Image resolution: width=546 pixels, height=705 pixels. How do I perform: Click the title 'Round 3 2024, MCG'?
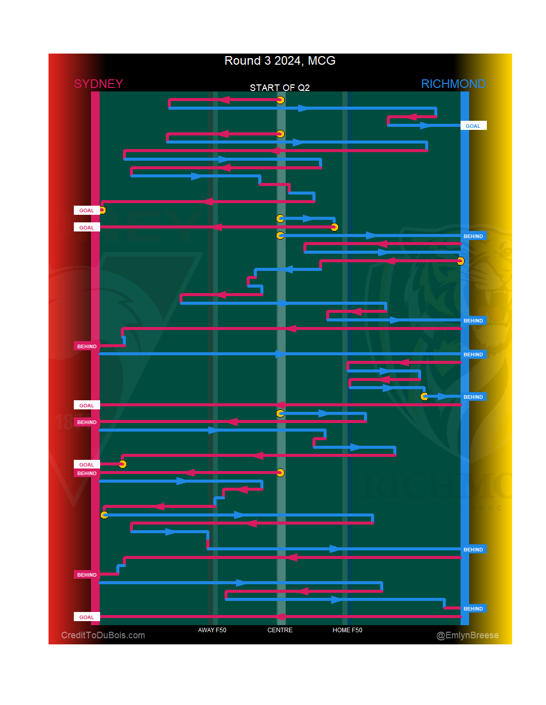[x=280, y=61]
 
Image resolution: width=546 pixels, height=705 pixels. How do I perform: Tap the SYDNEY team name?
[x=98, y=84]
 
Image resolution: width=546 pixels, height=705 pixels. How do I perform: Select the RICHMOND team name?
[x=453, y=84]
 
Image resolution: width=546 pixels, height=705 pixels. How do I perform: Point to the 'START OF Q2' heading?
[x=280, y=87]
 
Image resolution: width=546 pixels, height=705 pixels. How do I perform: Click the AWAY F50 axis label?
[x=212, y=630]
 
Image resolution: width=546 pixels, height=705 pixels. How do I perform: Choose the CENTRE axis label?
[x=280, y=630]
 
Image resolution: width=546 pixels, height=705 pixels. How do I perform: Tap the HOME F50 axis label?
[x=347, y=630]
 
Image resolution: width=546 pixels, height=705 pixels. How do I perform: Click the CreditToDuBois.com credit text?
[x=103, y=635]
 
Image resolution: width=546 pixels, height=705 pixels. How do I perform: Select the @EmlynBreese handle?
[x=467, y=635]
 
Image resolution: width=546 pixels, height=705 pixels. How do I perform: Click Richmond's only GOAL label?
[x=473, y=126]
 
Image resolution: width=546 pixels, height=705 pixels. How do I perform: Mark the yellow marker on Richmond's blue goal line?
[x=460, y=261]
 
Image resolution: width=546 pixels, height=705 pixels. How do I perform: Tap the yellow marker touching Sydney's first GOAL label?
[x=102, y=210]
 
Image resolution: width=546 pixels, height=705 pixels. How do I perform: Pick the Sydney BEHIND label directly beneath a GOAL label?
[x=86, y=474]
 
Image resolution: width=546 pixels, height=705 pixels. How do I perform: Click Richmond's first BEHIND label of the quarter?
[x=473, y=236]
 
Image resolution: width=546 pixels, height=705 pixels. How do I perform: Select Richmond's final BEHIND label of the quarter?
[x=473, y=608]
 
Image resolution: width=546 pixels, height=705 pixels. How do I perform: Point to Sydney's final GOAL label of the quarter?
[x=86, y=617]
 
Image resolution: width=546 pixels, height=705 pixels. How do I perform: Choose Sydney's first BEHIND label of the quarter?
[x=86, y=346]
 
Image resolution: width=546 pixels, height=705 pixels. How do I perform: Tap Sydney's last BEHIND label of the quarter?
[x=86, y=575]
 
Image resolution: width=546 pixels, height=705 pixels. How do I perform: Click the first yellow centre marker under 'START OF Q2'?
[x=280, y=100]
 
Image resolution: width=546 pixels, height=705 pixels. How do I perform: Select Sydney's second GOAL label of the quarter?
[x=86, y=227]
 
